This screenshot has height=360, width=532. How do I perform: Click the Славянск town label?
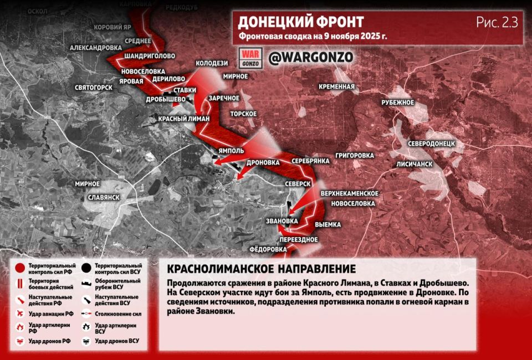pyautogui.click(x=104, y=197)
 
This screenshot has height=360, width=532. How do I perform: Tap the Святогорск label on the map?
pyautogui.click(x=94, y=88)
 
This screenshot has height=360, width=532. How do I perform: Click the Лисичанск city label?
pyautogui.click(x=414, y=164)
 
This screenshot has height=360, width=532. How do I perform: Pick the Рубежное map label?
pyautogui.click(x=398, y=102)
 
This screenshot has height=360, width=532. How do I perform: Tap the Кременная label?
pyautogui.click(x=336, y=86)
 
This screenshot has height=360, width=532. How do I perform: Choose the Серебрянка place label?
pyautogui.click(x=311, y=160)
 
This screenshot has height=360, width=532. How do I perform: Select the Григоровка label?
pyautogui.click(x=355, y=156)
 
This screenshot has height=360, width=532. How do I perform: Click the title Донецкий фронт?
pyautogui.click(x=300, y=22)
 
